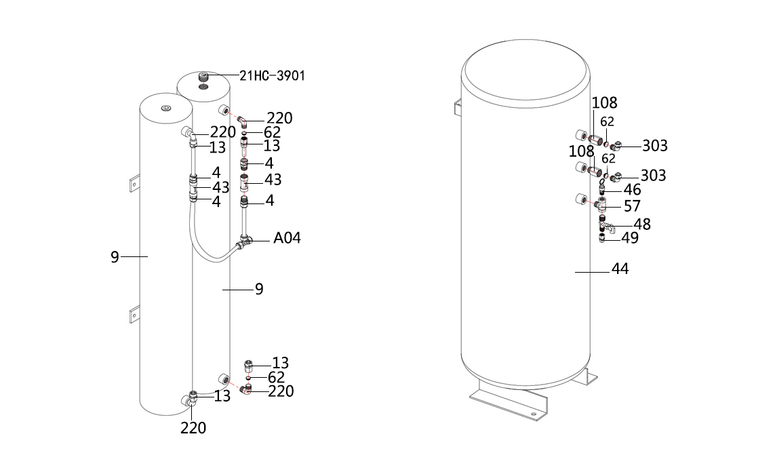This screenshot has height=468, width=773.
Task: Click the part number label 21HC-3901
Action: coord(272,75)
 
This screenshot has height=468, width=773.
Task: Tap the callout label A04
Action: coord(287,237)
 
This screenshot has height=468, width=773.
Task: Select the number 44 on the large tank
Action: coord(620,269)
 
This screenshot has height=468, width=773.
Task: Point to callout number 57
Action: coord(632,206)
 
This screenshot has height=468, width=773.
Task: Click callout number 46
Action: coord(632,190)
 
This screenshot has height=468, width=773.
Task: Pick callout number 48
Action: coord(642,225)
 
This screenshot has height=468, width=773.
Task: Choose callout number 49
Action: coord(629,238)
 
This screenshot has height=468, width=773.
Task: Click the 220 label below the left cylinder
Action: coord(193,428)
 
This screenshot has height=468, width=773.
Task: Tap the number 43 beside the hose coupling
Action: coord(221,187)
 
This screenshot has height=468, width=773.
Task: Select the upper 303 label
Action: coord(655,146)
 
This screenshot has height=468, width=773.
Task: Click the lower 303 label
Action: coord(653,176)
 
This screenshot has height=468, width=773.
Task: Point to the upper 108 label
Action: coord(604,103)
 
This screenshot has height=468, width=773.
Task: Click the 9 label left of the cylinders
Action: coord(115,258)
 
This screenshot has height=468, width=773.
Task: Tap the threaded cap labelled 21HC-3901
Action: coord(203,77)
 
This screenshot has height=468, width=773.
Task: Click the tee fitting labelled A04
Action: coord(245,241)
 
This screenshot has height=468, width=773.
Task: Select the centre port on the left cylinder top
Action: coord(166,109)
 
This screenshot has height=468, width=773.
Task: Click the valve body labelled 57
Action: coord(600,203)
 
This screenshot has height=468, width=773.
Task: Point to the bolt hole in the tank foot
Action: coord(533,414)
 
